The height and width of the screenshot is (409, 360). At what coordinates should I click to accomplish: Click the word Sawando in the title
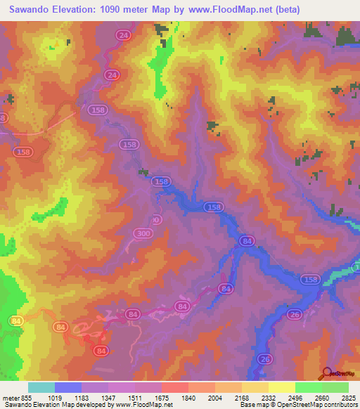pos(32,10)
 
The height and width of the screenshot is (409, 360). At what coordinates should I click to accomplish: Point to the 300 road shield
pos(143,233)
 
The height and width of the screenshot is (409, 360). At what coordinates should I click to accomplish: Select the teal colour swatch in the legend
pos(41,388)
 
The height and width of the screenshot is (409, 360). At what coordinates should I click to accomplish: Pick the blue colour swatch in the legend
pos(68,388)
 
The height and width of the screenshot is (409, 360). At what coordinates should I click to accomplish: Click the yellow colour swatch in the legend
pos(281,388)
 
